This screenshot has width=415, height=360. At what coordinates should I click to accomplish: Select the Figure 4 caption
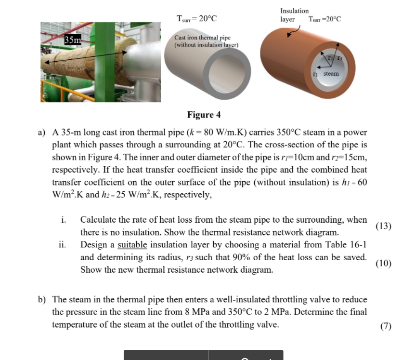204,115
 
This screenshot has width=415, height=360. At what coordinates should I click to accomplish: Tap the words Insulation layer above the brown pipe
294,14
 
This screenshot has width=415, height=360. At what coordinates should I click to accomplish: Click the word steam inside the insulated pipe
331,74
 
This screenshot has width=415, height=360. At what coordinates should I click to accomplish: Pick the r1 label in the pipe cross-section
315,74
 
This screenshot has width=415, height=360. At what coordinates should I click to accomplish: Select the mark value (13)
383,226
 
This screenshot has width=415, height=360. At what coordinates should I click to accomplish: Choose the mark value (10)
383,263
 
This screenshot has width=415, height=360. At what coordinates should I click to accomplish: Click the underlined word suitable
132,244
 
